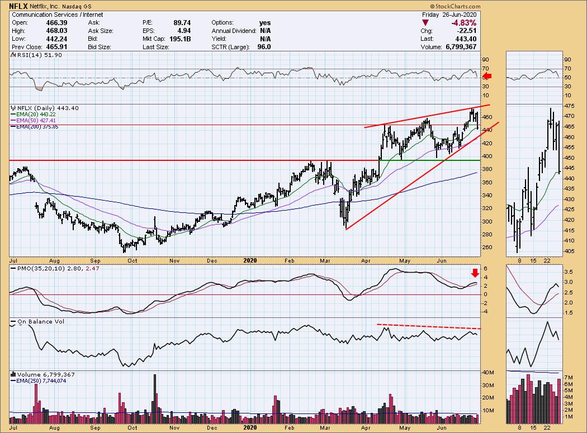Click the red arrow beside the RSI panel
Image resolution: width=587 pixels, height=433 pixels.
coord(487,76)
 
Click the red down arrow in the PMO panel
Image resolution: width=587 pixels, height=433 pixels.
coord(475,273)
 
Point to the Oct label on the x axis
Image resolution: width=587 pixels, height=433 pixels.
coord(133,260)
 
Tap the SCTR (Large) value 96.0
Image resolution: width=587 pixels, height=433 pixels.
coord(264,47)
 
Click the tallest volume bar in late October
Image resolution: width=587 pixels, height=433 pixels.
coord(155,394)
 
